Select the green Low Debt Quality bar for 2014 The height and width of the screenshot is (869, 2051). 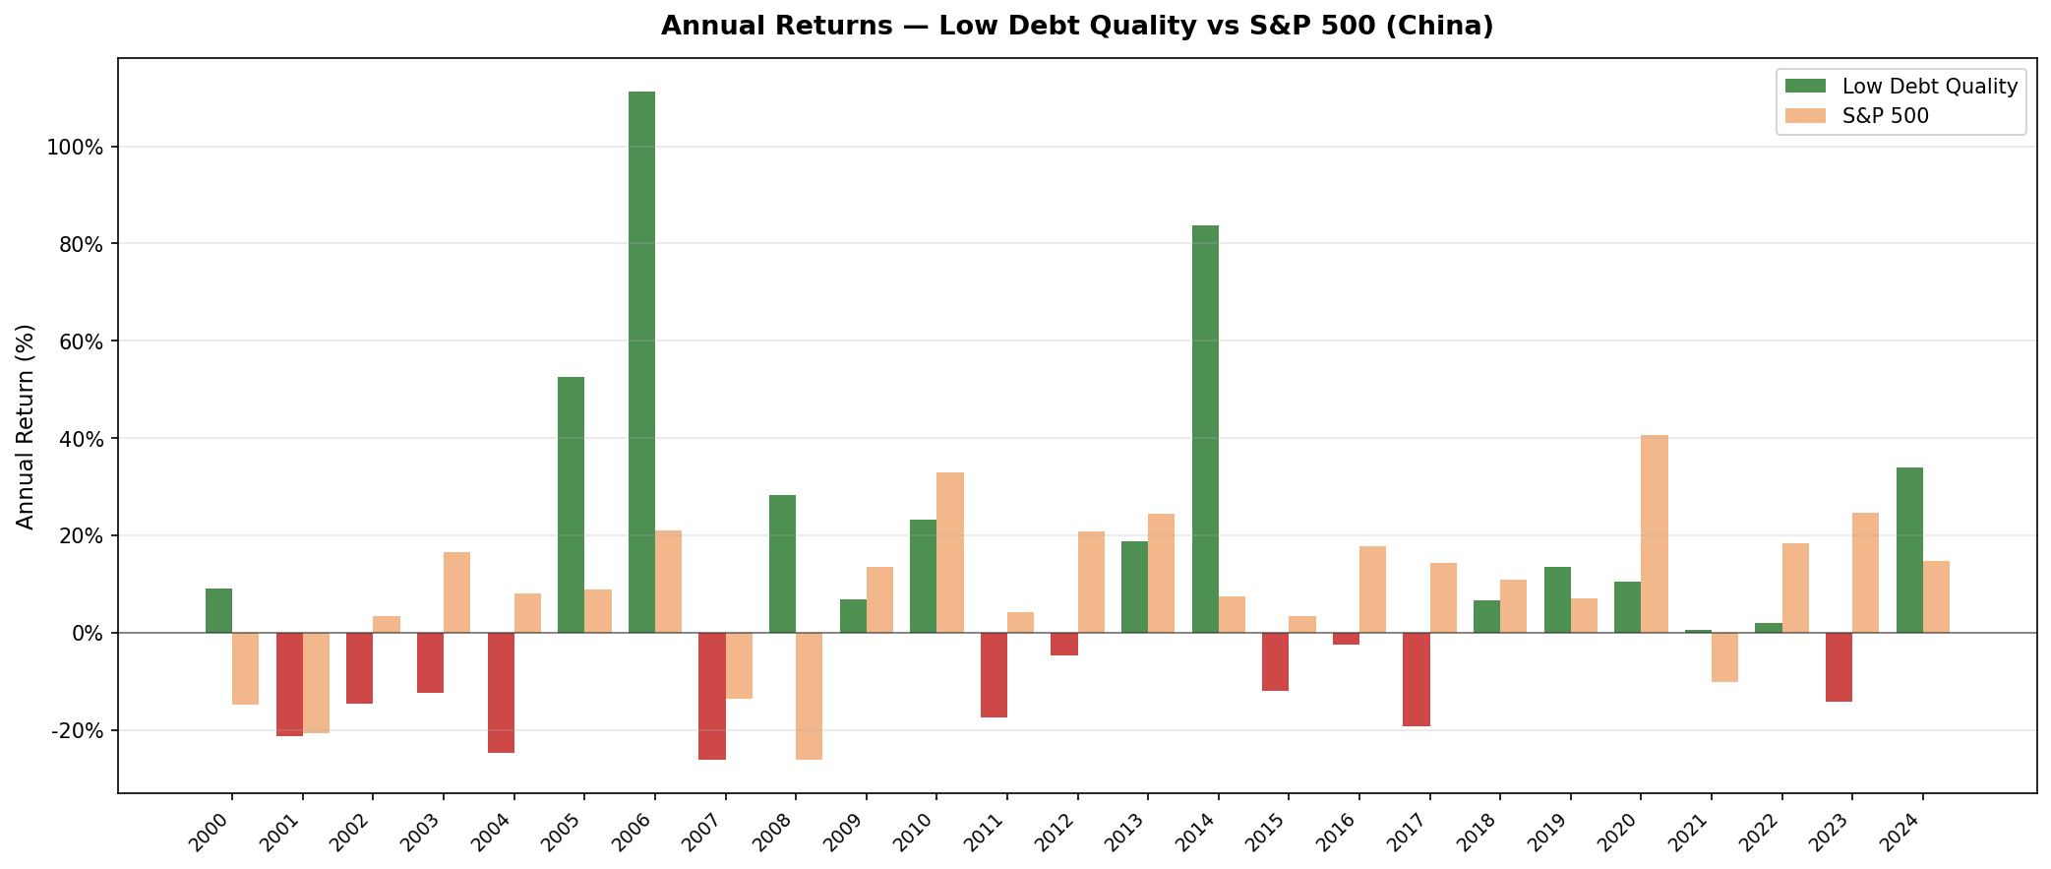click(x=1205, y=429)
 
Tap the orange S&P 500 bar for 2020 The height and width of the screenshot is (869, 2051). click(x=1655, y=533)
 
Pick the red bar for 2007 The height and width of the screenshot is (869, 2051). click(x=712, y=696)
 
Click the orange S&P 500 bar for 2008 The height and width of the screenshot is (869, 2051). click(x=809, y=696)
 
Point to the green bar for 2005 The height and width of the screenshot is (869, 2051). click(x=571, y=505)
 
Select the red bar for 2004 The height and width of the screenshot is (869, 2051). click(x=501, y=693)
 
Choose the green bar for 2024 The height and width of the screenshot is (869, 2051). click(x=1909, y=550)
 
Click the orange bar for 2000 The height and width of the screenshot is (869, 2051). click(x=246, y=668)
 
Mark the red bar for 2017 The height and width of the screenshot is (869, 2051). click(x=1416, y=679)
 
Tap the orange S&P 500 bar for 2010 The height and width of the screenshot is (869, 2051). click(x=950, y=552)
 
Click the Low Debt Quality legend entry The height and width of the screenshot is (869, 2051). click(x=1929, y=87)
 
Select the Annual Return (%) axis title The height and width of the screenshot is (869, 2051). click(x=26, y=426)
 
